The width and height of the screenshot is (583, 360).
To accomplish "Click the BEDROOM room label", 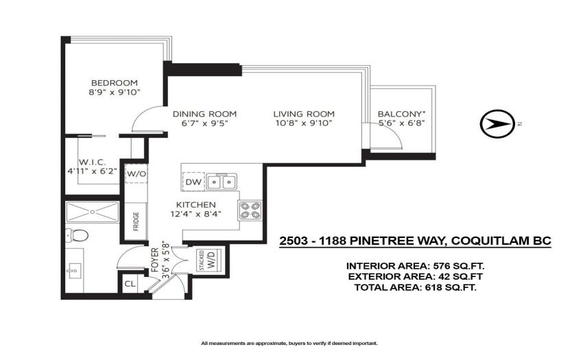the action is tap(115, 83).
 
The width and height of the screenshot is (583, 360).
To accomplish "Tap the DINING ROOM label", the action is tap(204, 114).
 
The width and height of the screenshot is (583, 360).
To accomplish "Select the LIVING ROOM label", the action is tap(304, 114).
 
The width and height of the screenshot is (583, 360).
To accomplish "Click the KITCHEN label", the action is tap(195, 205).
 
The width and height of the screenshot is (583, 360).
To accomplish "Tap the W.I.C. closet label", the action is tap(92, 162).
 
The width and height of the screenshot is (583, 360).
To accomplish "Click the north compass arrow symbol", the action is tap(497, 124).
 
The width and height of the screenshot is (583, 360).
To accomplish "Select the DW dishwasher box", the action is tap(193, 182).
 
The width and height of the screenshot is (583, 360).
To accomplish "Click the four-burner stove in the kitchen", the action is tap(250, 211).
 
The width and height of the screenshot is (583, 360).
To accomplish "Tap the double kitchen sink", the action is tap(222, 182).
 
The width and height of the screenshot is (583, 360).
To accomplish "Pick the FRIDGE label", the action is tap(136, 221).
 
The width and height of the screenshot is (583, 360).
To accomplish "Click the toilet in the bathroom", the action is tap(77, 235).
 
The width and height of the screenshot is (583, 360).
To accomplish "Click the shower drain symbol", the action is tap(92, 212).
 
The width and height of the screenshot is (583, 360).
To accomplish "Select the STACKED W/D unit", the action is tap(209, 259).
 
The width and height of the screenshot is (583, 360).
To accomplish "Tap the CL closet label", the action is tap(130, 284).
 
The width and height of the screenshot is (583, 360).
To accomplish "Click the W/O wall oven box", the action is tap(136, 173).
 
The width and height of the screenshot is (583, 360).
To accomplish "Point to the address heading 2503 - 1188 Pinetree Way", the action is tap(415, 241).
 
